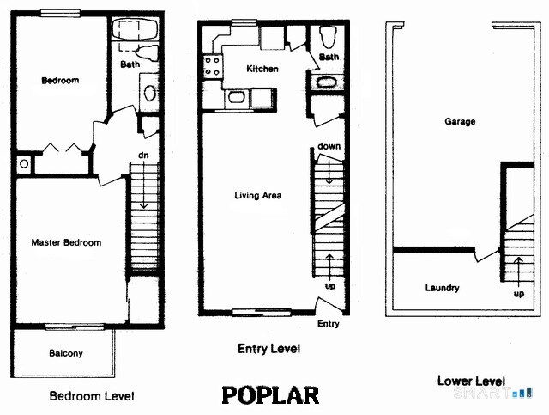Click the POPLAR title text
(x=270, y=394)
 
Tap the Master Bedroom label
(x=66, y=243)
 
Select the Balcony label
(x=66, y=353)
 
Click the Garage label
(x=460, y=122)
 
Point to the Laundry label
(x=443, y=289)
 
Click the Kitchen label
(x=262, y=69)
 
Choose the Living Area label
(x=258, y=196)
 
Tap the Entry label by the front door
(x=329, y=324)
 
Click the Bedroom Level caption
(x=92, y=396)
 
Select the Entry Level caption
(x=268, y=350)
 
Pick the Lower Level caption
(x=471, y=381)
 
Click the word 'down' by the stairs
(x=329, y=146)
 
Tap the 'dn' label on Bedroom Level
(x=144, y=156)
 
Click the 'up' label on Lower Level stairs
(x=518, y=293)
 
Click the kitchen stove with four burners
(x=212, y=65)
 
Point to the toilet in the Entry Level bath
(x=327, y=38)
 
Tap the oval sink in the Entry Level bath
(x=328, y=83)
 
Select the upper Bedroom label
(x=60, y=81)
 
